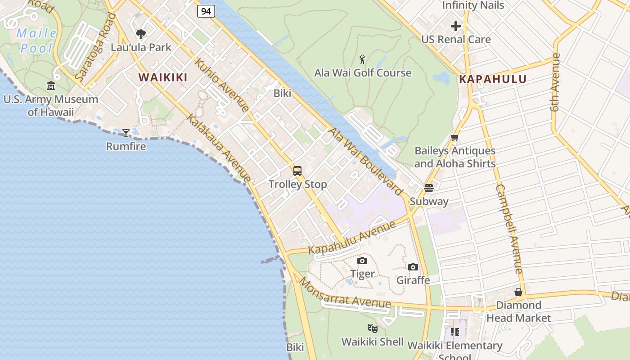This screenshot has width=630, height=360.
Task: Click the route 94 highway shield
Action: [206, 11]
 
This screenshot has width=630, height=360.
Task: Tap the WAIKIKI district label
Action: [163, 77]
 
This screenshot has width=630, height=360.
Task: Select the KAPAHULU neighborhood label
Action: [493, 80]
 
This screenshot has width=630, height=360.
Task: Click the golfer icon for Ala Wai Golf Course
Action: [362, 59]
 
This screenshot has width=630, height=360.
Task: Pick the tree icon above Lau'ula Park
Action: [141, 34]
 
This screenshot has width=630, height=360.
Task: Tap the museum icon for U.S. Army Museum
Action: [51, 85]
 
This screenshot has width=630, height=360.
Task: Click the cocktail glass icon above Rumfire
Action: [126, 133]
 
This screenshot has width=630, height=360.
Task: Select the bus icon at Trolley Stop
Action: [297, 171]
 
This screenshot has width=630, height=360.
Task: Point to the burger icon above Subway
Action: [428, 188]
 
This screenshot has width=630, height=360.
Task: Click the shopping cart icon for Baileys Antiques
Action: [454, 138]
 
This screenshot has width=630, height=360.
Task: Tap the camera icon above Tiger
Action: [362, 261]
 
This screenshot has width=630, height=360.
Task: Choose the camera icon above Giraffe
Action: [413, 267]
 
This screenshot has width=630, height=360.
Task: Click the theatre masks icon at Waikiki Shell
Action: [372, 328]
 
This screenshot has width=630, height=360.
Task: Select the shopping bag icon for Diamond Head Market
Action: [518, 292]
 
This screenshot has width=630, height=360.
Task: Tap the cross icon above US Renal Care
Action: [456, 26]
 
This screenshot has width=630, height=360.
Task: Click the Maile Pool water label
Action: [37, 40]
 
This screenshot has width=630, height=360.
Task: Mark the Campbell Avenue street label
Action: [509, 229]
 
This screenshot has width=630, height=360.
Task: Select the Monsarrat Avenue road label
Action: [345, 293]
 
